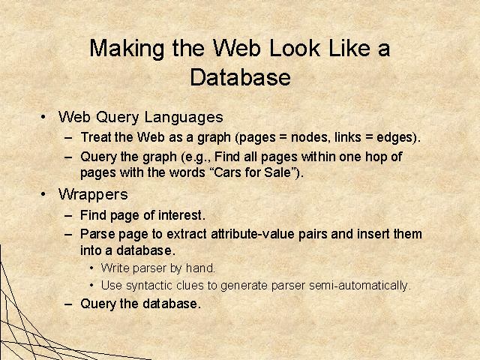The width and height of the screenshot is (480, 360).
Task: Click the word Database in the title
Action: click(240, 77)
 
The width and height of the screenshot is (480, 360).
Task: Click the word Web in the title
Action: click(236, 48)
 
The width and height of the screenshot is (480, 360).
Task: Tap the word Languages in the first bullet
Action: click(184, 118)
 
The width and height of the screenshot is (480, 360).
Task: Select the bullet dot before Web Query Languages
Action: click(43, 117)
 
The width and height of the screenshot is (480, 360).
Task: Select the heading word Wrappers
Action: click(93, 195)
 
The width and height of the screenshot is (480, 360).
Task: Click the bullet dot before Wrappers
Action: click(43, 194)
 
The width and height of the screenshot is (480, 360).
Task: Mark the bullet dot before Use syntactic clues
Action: click(91, 285)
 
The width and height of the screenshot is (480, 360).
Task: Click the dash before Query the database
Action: click(68, 304)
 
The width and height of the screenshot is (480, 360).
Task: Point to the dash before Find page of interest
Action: click(68, 215)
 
